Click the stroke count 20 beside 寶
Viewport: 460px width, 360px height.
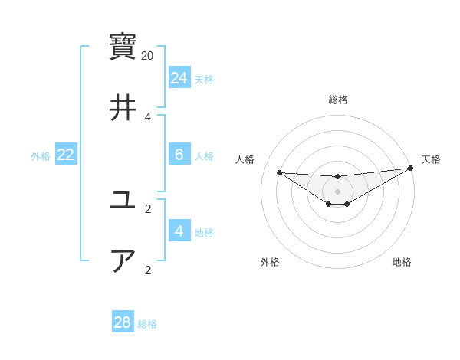pos(148,56)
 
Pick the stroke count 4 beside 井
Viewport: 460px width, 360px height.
pos(148,117)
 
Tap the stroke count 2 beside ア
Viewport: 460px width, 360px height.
pos(148,270)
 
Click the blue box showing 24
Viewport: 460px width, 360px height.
pos(179,78)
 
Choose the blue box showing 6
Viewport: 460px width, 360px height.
pos(179,155)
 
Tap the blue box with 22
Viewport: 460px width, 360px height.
pos(66,155)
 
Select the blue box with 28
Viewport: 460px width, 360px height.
pos(123,322)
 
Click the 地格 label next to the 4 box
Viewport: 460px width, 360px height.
pos(204,232)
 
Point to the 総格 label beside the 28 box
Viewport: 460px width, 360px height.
pos(147,323)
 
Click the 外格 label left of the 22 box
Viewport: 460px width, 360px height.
pos(41,155)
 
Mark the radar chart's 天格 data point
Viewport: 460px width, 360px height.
pos(411,169)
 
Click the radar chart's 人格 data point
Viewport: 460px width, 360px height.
pos(279,172)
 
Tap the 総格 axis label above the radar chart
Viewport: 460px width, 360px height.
pos(337,100)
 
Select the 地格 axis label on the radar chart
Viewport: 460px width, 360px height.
pos(402,262)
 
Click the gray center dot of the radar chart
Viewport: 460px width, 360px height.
pos(337,191)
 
